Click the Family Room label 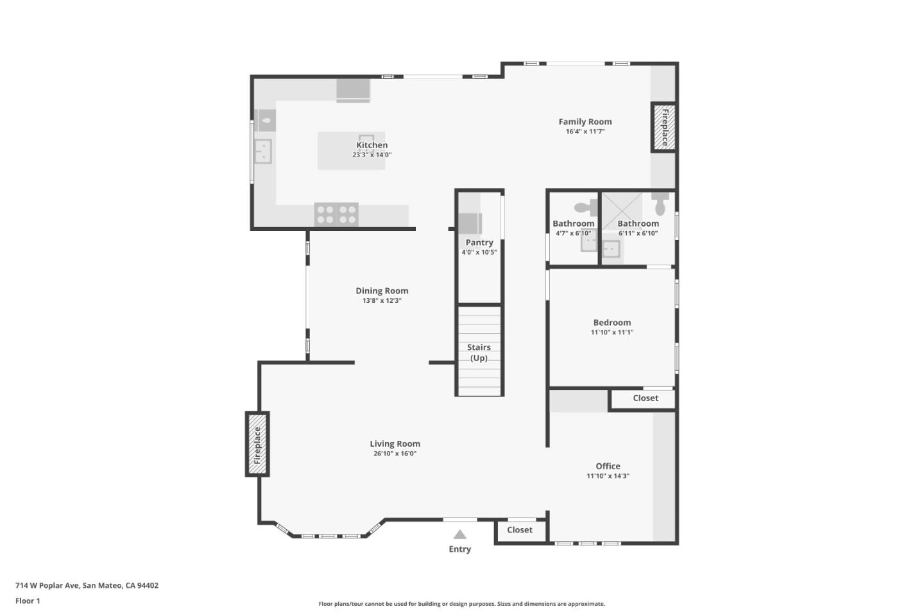point(585,121)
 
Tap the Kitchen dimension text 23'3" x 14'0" point(372,155)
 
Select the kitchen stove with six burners point(336,214)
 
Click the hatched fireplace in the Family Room point(664,127)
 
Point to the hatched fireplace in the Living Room point(257,445)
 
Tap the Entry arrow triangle point(459,535)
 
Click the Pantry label point(479,243)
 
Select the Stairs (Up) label point(479,352)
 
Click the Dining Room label point(382,291)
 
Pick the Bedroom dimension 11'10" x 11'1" point(612,332)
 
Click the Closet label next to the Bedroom point(646,398)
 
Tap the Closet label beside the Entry point(520,530)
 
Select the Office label point(608,466)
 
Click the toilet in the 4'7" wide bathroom point(585,207)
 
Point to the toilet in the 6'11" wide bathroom point(660,205)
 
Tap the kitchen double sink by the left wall point(262,152)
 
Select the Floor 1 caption point(28,601)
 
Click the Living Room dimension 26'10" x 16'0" point(395,454)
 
